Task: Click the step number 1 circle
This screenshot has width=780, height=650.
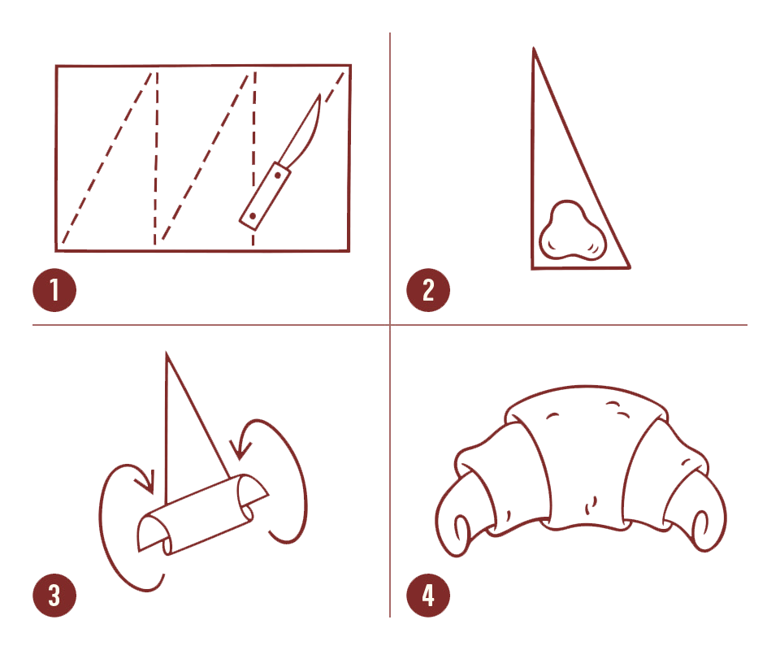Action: point(54,290)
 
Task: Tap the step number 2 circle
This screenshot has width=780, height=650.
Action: point(428,290)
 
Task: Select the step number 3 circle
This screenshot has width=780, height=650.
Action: point(54,596)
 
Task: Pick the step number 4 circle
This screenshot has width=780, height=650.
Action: point(428,596)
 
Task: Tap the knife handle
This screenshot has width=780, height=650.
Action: point(265,196)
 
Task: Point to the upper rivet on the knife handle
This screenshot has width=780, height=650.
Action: point(278,175)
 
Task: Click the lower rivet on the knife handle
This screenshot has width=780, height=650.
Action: point(253,216)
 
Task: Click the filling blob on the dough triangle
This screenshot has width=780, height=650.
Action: point(573,232)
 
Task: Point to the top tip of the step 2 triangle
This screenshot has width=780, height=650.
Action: point(534,48)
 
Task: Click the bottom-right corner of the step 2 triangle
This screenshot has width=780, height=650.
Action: point(630,267)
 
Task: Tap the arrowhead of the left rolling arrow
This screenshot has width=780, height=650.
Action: point(146,483)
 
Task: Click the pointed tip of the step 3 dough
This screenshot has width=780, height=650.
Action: point(167,353)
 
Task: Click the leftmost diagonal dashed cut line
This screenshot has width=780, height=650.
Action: point(106,158)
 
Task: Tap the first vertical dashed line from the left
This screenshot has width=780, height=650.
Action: point(156,158)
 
